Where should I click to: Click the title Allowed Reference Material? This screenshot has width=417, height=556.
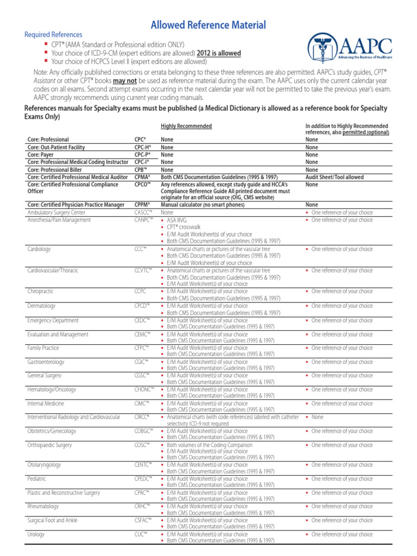pyautogui.click(x=208, y=24)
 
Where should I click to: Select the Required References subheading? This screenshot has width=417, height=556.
pyautogui.click(x=53, y=35)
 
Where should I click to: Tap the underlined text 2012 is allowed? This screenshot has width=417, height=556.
pyautogui.click(x=219, y=53)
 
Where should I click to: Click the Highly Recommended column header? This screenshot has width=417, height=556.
pyautogui.click(x=186, y=126)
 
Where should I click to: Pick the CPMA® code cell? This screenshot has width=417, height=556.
pyautogui.click(x=142, y=177)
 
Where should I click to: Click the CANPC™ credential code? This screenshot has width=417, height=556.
pyautogui.click(x=144, y=220)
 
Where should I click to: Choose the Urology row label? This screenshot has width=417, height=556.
pyautogui.click(x=36, y=534)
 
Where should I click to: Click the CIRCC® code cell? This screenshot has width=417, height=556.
pyautogui.click(x=142, y=417)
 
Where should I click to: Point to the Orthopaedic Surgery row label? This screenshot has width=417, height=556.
pyautogui.click(x=49, y=445)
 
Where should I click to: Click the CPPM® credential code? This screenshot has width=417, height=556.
pyautogui.click(x=142, y=205)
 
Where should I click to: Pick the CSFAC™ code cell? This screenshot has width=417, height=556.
pyautogui.click(x=143, y=520)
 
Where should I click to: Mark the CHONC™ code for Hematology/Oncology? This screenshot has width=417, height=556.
pyautogui.click(x=144, y=389)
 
